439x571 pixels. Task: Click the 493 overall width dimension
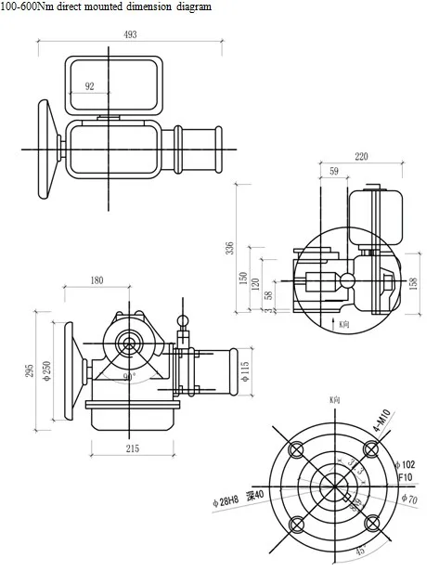coord(130,34)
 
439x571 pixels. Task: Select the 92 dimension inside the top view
coord(90,85)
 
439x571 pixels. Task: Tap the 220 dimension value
coord(361,157)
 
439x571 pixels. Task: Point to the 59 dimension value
coord(334,171)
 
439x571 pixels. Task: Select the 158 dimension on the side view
coord(414,281)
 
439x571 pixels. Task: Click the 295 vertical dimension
coord(30,370)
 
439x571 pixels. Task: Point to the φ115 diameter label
coord(245,370)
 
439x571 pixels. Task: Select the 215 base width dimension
coord(133,448)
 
